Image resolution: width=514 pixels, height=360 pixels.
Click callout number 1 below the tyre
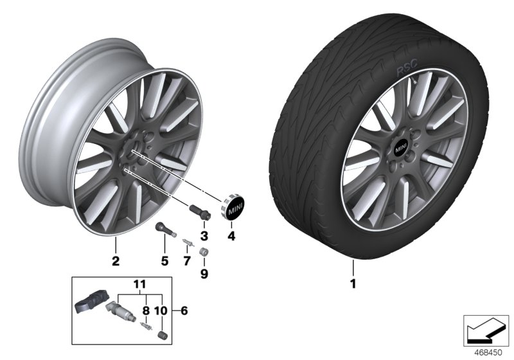(x=353, y=282)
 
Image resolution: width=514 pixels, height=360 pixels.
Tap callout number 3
(x=204, y=236)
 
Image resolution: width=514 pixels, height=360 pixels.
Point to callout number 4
(x=232, y=236)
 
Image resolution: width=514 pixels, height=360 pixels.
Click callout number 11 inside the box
(x=141, y=283)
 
